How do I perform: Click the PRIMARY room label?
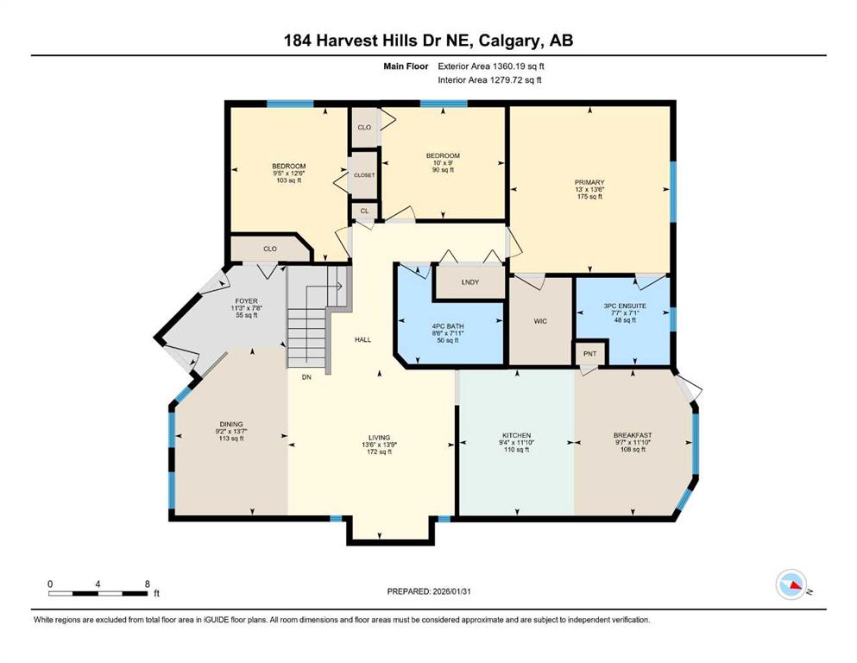coord(589,182)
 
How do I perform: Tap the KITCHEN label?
coord(516,435)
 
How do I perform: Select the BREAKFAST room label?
coord(633,435)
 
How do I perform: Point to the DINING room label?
coord(231,424)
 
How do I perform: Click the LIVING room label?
coord(380,438)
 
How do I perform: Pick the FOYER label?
coord(246,301)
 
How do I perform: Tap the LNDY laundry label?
coord(470,282)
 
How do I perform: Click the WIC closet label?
coord(540,321)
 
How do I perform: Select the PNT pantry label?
coord(589,354)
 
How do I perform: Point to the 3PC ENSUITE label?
coord(625,306)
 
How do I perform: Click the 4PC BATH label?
coord(448,326)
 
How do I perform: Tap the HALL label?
coord(363,339)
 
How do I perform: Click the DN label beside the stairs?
coord(306,377)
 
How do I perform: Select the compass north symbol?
coord(791,584)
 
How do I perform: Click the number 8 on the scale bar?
coord(148,584)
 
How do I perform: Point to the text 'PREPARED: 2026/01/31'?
coord(429,591)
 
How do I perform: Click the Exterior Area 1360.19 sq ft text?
coord(491,66)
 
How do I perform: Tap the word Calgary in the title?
coord(510,41)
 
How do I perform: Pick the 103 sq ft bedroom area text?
coord(288,180)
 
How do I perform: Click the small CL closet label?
coord(364,211)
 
